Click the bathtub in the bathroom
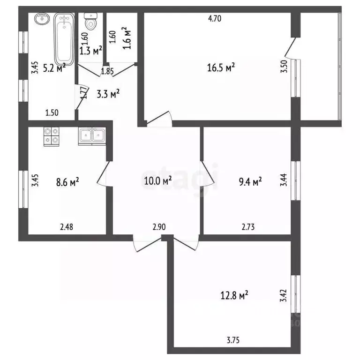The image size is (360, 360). (63, 39)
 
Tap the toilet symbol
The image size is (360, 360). (90, 21)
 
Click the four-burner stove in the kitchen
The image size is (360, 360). (51, 136)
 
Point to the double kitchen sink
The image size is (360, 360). (92, 135)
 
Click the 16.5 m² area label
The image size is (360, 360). (221, 68)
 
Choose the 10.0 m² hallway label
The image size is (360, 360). (157, 180)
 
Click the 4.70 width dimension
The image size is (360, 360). (214, 19)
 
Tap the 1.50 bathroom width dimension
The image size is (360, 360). (52, 112)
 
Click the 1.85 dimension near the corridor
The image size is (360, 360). (107, 72)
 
